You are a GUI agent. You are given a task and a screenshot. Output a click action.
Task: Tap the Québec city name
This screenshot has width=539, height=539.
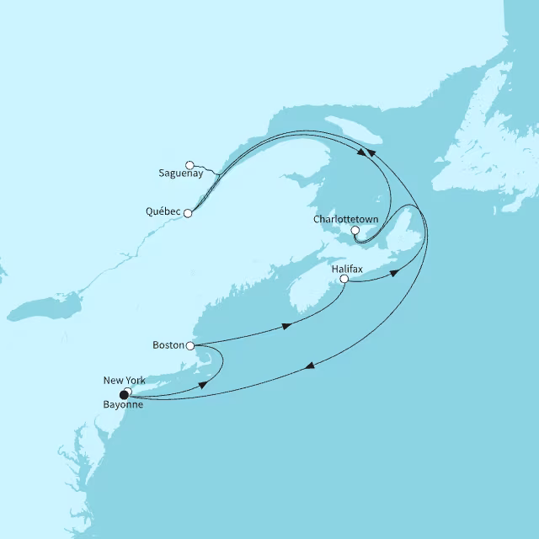point(163,213)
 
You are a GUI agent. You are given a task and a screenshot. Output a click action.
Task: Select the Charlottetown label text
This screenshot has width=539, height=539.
point(345,219)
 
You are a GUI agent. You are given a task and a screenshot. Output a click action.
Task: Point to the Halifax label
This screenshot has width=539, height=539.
point(348,267)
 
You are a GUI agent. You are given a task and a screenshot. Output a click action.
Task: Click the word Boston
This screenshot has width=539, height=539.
point(169,345)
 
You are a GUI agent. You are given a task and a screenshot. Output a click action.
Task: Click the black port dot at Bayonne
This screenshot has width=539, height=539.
point(125,394)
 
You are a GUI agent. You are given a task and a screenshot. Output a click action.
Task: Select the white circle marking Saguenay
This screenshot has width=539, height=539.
point(190,164)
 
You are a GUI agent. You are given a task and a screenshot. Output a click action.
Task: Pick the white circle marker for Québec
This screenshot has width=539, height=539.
point(188,214)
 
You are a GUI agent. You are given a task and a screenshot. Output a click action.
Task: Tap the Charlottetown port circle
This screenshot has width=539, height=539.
point(355,230)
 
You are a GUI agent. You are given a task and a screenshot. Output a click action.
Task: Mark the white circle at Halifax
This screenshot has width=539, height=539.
point(344,280)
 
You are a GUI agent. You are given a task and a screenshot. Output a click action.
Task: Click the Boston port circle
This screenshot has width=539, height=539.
point(190,345)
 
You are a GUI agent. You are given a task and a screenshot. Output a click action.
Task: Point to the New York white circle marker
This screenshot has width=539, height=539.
point(128,390)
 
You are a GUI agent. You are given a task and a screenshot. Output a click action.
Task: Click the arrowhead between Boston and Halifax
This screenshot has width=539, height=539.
point(288,325)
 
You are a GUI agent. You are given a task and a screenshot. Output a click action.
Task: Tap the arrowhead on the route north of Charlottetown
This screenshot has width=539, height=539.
point(363,152)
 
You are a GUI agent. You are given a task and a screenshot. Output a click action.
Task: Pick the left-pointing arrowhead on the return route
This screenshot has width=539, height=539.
point(311,365)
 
